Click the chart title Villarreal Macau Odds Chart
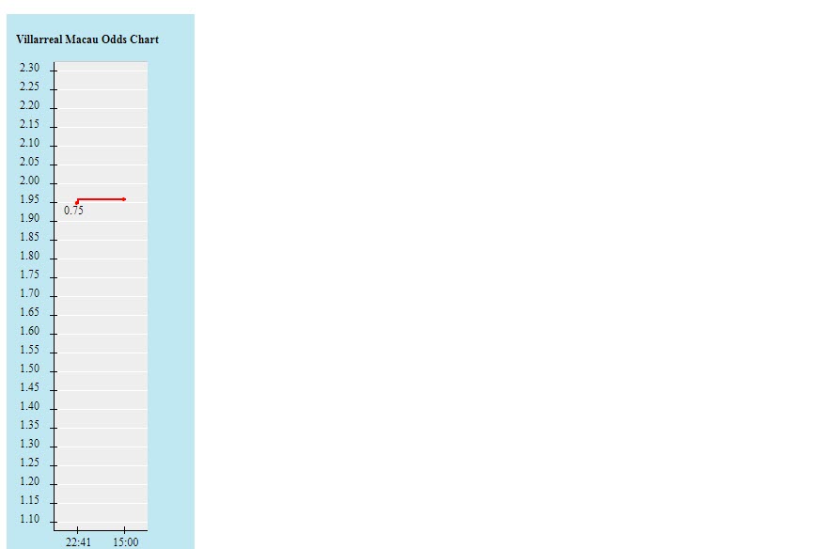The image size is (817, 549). click(x=87, y=39)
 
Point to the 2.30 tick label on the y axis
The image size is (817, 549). click(x=29, y=68)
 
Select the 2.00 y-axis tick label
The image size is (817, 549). click(x=29, y=180)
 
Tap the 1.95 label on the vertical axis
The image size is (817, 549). click(x=29, y=199)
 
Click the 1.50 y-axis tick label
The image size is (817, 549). click(x=29, y=369)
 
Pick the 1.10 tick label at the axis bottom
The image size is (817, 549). click(x=29, y=519)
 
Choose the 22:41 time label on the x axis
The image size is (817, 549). click(x=78, y=542)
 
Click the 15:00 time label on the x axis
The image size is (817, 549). click(x=126, y=542)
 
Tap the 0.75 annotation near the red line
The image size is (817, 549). click(x=73, y=211)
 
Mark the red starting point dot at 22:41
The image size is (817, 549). click(x=77, y=203)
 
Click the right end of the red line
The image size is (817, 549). click(x=125, y=199)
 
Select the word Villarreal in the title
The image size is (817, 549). click(x=39, y=39)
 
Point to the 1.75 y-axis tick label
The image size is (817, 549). click(x=29, y=274)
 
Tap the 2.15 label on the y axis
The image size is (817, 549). click(x=29, y=124)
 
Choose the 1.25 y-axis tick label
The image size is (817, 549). click(x=29, y=463)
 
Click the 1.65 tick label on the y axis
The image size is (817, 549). click(x=29, y=312)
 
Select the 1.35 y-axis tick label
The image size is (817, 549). click(x=29, y=425)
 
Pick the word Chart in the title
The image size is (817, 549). click(x=145, y=39)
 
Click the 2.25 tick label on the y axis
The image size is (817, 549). click(x=29, y=86)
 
